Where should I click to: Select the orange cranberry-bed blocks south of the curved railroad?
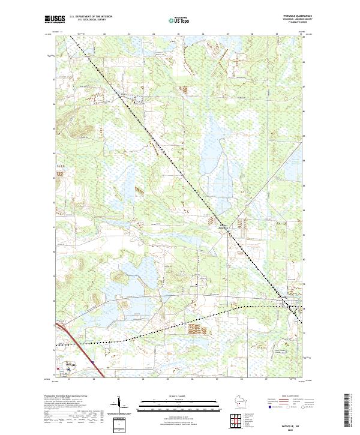195,329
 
